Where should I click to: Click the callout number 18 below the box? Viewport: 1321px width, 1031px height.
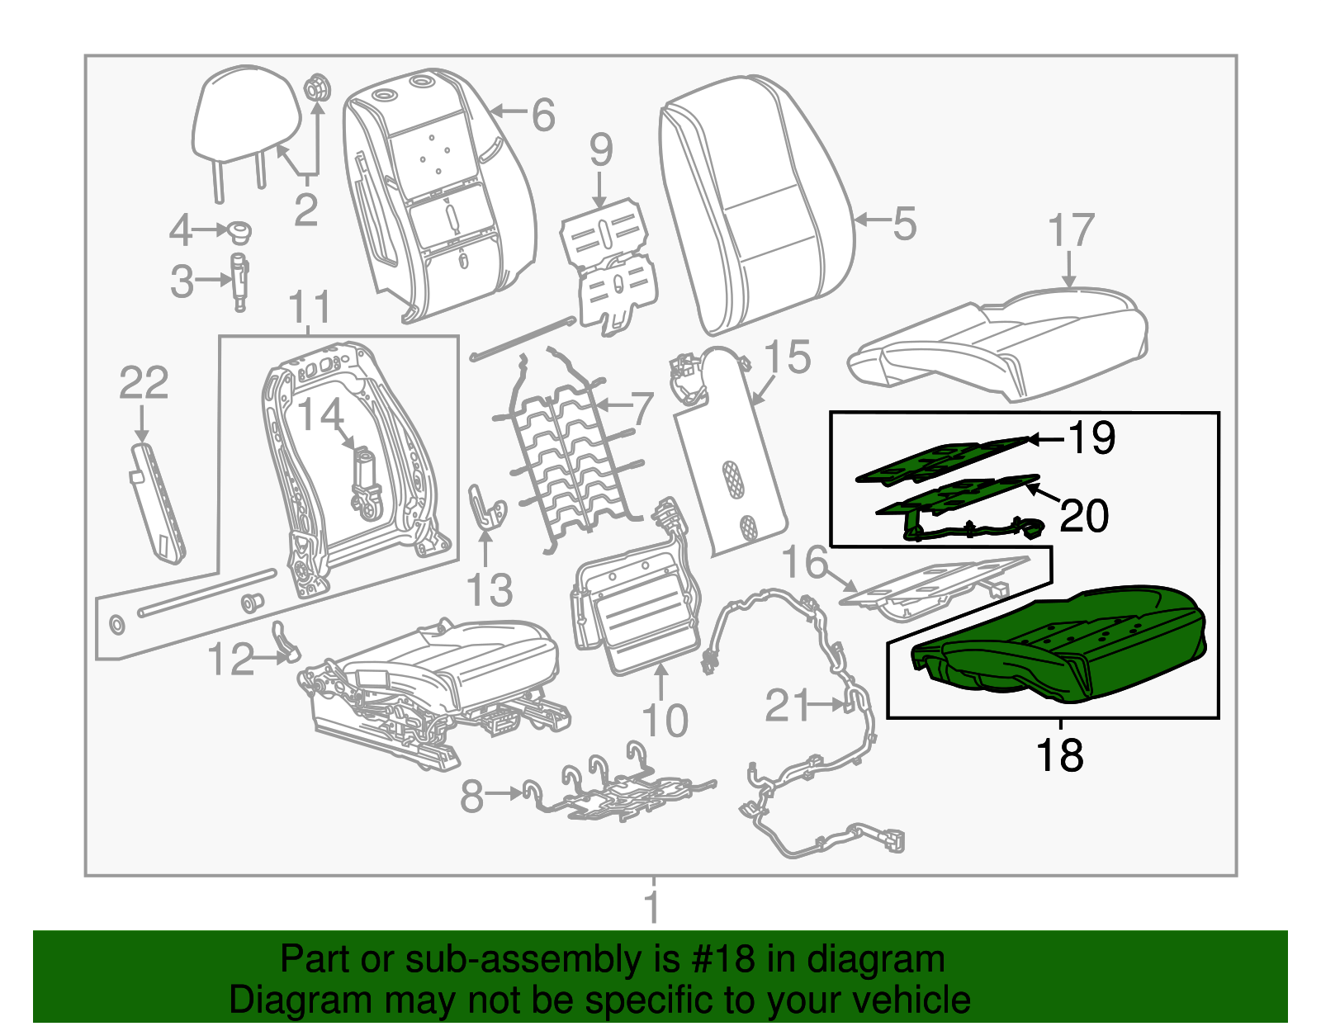[x=1059, y=755]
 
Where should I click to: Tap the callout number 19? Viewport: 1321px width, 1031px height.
[x=1091, y=437]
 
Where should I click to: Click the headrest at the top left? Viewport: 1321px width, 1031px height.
[x=245, y=116]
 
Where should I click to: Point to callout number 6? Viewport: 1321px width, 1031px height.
[x=542, y=115]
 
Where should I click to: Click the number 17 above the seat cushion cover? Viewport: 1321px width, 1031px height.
[x=1071, y=230]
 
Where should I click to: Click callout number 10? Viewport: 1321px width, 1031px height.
[x=664, y=721]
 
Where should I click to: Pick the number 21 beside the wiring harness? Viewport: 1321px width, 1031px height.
[x=788, y=706]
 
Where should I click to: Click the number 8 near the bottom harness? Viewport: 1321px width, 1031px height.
[x=471, y=797]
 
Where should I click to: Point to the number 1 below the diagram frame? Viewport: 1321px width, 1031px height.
[x=652, y=906]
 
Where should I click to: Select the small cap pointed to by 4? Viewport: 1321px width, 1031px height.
[x=240, y=231]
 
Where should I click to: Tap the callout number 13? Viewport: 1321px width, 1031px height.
[x=489, y=590]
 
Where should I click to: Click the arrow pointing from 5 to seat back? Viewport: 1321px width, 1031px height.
[x=872, y=220]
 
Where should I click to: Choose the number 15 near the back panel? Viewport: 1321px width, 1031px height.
[x=787, y=357]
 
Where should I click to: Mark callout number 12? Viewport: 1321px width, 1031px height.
[x=230, y=660]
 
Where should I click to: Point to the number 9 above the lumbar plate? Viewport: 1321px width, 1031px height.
[x=601, y=150]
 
